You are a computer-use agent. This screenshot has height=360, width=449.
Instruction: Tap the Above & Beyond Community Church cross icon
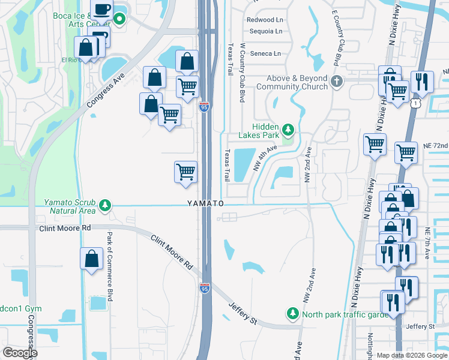click(x=337, y=80)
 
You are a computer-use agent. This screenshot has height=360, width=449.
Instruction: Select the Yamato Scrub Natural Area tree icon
click(x=105, y=206)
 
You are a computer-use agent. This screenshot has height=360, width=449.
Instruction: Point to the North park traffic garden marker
click(x=292, y=313)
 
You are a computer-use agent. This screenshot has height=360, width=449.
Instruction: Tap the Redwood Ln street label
click(x=264, y=20)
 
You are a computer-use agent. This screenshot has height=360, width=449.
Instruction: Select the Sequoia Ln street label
click(x=264, y=31)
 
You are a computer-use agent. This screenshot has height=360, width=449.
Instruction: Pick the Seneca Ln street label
click(x=264, y=53)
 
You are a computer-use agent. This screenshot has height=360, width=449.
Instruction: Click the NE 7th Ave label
click(x=428, y=243)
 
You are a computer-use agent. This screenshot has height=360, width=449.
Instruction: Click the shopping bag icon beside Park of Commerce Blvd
click(x=91, y=259)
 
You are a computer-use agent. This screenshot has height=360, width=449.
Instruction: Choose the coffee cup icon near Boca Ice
click(x=101, y=10)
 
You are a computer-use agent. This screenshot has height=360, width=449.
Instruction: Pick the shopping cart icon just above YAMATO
click(x=186, y=172)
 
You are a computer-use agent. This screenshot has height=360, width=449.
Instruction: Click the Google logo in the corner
click(x=20, y=353)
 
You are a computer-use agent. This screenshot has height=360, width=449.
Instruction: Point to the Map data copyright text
click(x=412, y=355)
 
